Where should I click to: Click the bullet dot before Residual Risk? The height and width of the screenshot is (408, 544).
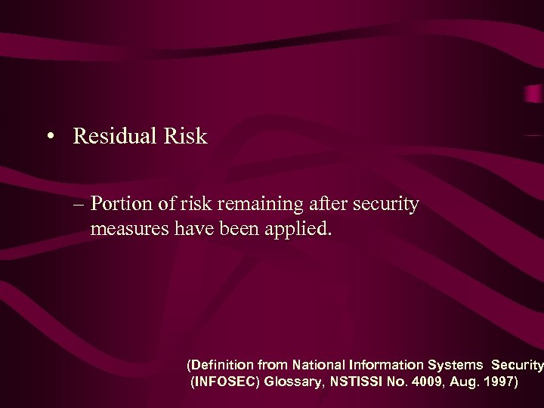49,138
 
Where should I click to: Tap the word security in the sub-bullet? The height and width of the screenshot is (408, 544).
387,205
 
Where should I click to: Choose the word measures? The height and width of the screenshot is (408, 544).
124,228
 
